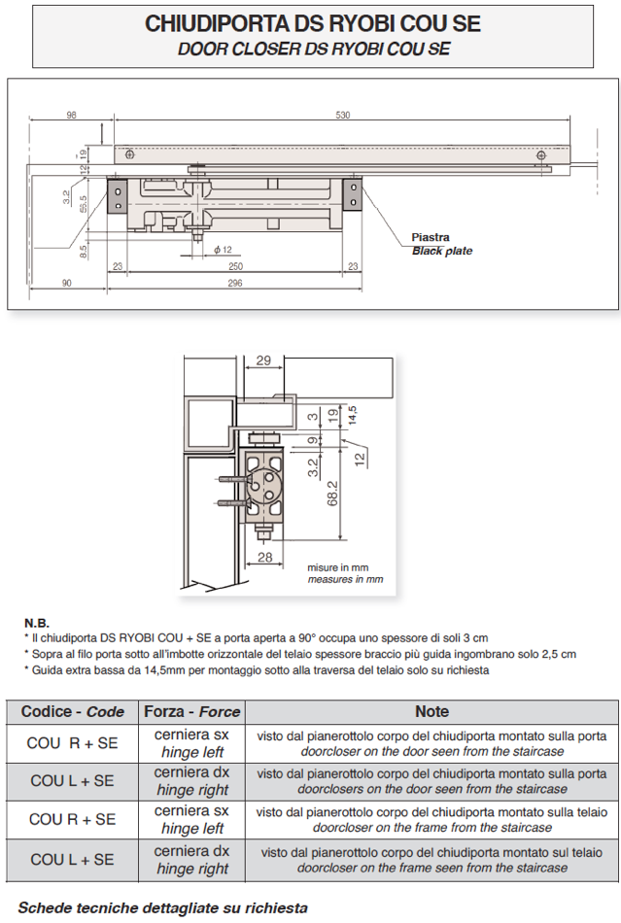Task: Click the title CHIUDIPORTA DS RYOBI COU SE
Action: pyautogui.click(x=312, y=24)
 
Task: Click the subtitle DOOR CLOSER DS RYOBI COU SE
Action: pyautogui.click(x=312, y=49)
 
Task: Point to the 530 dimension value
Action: pyautogui.click(x=342, y=116)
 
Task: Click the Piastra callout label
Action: pyautogui.click(x=430, y=237)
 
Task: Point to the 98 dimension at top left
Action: pyautogui.click(x=71, y=116)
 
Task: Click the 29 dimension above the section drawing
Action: pyautogui.click(x=261, y=360)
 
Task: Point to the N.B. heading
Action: pyautogui.click(x=36, y=622)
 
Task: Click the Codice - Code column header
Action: pyautogui.click(x=73, y=711)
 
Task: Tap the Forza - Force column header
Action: pyautogui.click(x=191, y=711)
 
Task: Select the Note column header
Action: pyautogui.click(x=431, y=711)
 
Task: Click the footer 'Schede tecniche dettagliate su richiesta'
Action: pyautogui.click(x=162, y=907)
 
